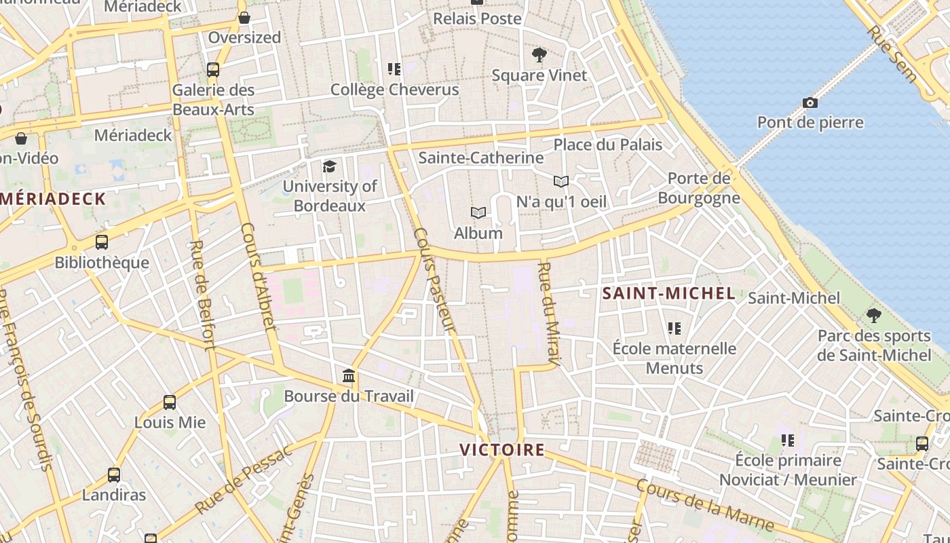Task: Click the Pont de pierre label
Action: [810, 122]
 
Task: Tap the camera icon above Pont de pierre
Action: [810, 103]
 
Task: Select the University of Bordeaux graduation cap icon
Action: [329, 166]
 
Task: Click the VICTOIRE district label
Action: [502, 449]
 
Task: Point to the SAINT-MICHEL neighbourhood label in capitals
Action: [668, 293]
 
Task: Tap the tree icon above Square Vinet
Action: [539, 54]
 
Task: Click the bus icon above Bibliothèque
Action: [102, 242]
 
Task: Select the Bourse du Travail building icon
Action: [349, 376]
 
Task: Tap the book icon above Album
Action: [478, 213]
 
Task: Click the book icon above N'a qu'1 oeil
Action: [560, 181]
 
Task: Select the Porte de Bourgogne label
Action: [699, 188]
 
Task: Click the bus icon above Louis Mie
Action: [170, 402]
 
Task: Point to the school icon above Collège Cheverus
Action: [394, 69]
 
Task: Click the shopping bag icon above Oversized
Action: [244, 18]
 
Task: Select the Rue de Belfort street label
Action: [202, 295]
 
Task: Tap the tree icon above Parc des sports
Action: [873, 316]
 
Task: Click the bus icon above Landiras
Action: [114, 475]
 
